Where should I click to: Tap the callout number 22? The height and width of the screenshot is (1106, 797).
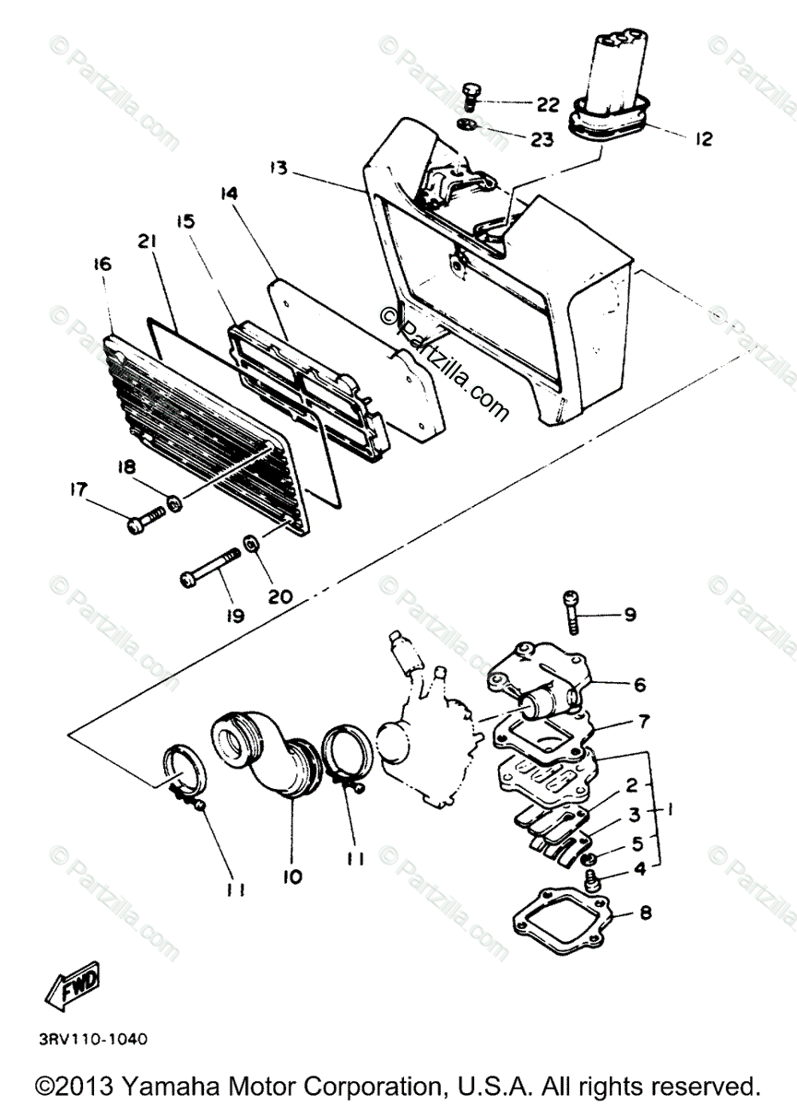(x=547, y=105)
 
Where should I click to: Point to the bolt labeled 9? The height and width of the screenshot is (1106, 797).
(x=573, y=610)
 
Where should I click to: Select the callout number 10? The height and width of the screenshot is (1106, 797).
(x=292, y=877)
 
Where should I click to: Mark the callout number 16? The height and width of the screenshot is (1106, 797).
(x=101, y=265)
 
